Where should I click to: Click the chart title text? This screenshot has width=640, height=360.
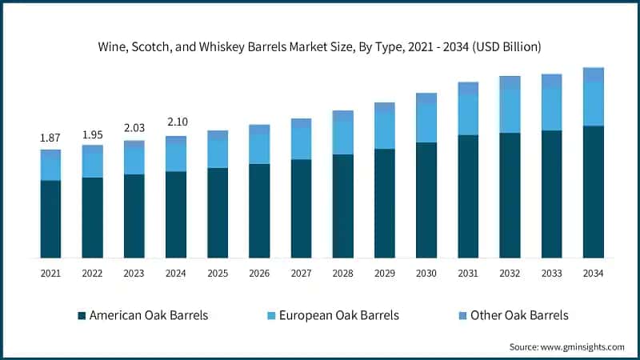(320, 47)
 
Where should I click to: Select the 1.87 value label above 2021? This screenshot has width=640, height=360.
(50, 138)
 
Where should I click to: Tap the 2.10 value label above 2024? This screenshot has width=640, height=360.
(175, 122)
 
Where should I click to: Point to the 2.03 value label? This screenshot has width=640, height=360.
(134, 128)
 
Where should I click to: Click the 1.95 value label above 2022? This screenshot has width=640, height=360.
(92, 134)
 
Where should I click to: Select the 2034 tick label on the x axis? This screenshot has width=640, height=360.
(593, 274)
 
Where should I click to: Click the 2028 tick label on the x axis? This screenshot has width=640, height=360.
(342, 274)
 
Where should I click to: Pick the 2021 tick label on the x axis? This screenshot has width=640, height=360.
(50, 274)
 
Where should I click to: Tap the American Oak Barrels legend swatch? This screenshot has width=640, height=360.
(82, 316)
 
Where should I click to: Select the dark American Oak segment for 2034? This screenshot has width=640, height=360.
(593, 192)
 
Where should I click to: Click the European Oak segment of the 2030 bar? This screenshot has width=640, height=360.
(426, 122)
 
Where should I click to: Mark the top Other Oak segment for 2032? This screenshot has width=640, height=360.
(510, 82)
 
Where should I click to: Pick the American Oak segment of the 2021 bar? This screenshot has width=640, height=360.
(50, 219)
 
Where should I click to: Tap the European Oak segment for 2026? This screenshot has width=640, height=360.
(259, 147)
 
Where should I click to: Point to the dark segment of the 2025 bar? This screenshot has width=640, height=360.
(218, 213)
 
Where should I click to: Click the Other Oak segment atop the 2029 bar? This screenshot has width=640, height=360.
(385, 106)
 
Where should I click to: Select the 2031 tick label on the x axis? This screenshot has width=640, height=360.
(468, 274)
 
